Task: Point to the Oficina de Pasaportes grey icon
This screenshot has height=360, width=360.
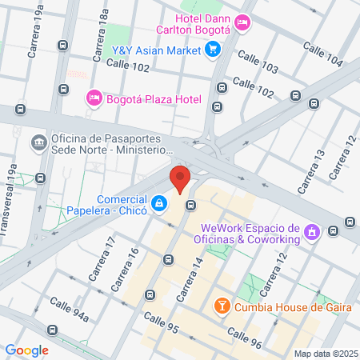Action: (x=38, y=143)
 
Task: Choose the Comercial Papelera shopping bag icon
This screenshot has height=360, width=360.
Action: (x=160, y=205)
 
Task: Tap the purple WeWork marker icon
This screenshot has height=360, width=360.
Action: (x=311, y=234)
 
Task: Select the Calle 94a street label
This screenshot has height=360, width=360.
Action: (x=69, y=309)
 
